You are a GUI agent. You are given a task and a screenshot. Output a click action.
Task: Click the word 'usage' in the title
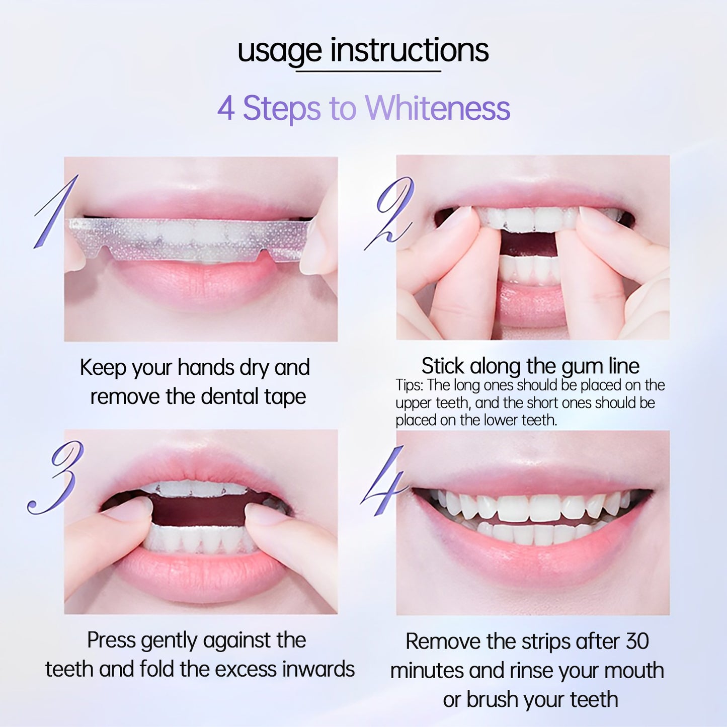pyautogui.click(x=279, y=52)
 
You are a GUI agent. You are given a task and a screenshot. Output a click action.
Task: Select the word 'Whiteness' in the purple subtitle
pyautogui.click(x=438, y=108)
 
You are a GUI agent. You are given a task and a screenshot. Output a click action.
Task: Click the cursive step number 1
pyautogui.click(x=56, y=211)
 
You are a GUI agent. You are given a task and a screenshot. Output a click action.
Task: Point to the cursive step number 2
pyautogui.click(x=388, y=213)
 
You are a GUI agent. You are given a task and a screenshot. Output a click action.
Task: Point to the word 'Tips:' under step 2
pyautogui.click(x=410, y=385)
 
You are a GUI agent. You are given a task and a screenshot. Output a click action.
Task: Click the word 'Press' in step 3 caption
pyautogui.click(x=111, y=640)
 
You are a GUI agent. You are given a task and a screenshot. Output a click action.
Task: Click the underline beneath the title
pyautogui.click(x=368, y=70)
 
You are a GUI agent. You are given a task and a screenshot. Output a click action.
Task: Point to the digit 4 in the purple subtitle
pyautogui.click(x=226, y=108)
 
